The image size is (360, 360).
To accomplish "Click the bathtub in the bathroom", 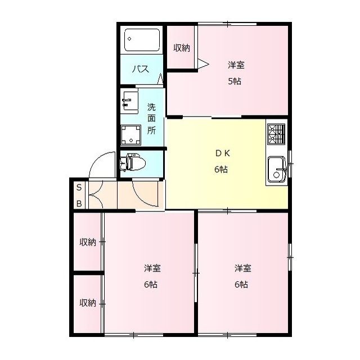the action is coord(142,40).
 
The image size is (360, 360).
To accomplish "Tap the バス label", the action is coord(141,69).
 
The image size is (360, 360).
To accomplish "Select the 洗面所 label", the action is coord(151,119).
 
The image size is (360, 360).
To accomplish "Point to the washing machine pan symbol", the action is coord(131,135).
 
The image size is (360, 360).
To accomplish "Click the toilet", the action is coord(133,163).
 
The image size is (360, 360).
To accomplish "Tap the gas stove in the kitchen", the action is coord(276,134).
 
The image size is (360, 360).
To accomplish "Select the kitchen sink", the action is coord(277,169).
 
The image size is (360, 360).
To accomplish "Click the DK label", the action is coord(222,154).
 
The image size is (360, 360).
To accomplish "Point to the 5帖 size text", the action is coord(235,81).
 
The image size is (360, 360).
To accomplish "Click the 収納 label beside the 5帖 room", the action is coord(182,48).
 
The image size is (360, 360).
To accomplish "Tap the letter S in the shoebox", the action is coord(79,187).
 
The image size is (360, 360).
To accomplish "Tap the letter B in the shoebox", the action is coord(79,204).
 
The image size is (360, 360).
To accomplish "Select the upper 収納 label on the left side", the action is coord(88,242).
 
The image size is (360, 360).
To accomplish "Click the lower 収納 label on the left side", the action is coord(88,303).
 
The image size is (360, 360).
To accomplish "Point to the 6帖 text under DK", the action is coord(221,169).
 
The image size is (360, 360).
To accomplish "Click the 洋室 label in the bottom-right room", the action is coord(243,268).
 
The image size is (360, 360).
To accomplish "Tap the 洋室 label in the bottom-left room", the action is coord(152,268).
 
